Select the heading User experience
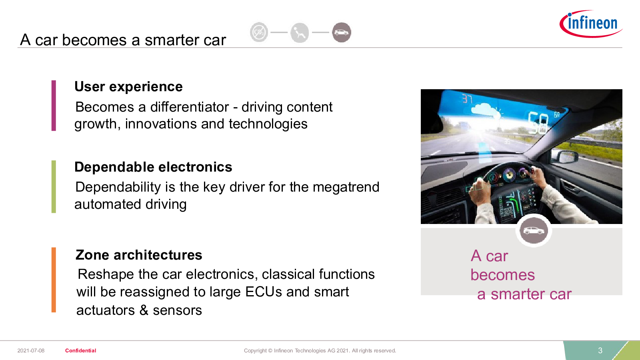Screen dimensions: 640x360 pos(128,86)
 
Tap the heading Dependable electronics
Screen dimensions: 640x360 pos(153,167)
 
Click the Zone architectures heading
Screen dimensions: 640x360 pos(138,255)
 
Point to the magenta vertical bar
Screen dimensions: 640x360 pos(54,106)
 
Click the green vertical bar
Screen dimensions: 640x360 pos(54,186)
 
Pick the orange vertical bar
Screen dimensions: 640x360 pos(54,280)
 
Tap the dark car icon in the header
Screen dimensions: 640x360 pos(342,32)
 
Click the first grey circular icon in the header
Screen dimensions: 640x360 pos(259,32)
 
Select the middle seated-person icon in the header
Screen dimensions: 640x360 pos(300,32)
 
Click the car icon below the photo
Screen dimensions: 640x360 pos(534,230)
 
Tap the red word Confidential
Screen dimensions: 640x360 pos(80,350)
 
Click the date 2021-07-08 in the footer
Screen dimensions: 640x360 pos(31,350)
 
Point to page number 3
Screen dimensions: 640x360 pos(600,350)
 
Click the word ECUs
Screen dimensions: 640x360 pos(264,292)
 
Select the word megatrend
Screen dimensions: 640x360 pos(346,187)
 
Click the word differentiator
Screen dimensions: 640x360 pos(190,107)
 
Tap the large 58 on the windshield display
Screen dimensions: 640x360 pos(538,122)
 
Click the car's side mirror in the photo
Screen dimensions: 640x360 pos(565,157)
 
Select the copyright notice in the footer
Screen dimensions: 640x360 pos(320,350)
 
